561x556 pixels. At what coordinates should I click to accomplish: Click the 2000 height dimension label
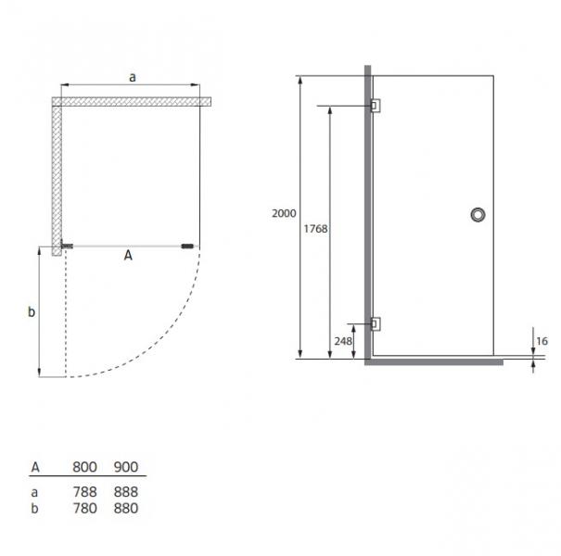[x=285, y=213]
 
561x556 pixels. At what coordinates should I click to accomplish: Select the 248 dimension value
[x=342, y=341]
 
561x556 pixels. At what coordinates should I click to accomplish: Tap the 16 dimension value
[x=542, y=342]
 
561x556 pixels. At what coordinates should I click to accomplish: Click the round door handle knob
[x=478, y=215]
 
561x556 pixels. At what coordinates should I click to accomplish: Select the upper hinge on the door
[x=374, y=106]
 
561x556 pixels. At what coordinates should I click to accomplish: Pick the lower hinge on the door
[x=374, y=323]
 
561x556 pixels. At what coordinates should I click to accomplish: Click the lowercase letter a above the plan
[x=132, y=79]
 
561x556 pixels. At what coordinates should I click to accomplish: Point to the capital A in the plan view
[x=128, y=258]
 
